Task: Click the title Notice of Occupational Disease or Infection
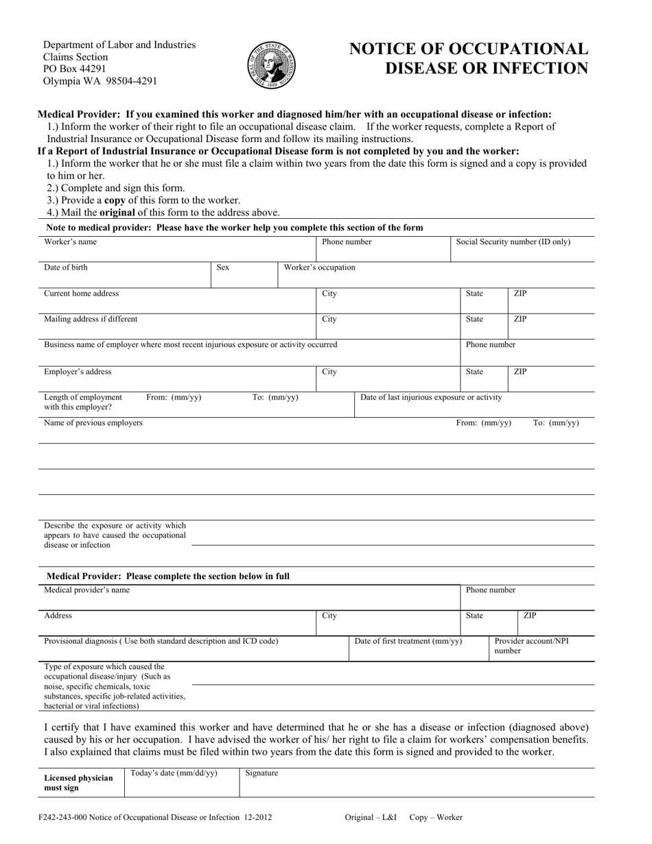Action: click(469, 58)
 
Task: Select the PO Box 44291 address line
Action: click(74, 69)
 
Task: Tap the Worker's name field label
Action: click(71, 242)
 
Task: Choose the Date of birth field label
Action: click(66, 268)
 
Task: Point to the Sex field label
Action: click(223, 268)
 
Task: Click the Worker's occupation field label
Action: click(320, 268)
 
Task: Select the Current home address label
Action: click(82, 294)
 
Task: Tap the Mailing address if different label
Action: click(91, 319)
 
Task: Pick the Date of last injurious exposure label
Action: click(431, 397)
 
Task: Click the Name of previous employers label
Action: click(93, 423)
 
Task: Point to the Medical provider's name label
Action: click(86, 590)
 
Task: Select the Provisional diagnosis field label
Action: click(161, 642)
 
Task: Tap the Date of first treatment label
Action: click(408, 642)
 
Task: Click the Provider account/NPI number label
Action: click(531, 646)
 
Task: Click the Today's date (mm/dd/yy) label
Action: click(174, 773)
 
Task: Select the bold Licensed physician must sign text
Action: click(78, 783)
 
